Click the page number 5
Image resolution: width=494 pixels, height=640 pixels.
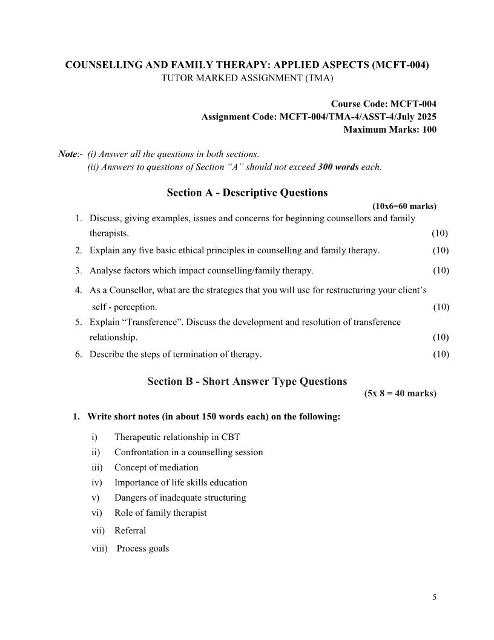[x=434, y=597]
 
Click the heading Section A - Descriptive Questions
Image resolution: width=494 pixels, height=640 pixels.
[x=247, y=193]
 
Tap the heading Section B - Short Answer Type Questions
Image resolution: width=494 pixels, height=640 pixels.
[x=247, y=381]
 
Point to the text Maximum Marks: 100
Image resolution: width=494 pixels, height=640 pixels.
[x=389, y=129]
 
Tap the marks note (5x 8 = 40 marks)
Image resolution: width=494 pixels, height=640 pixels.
[x=400, y=393]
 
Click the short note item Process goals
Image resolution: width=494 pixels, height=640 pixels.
[x=142, y=548]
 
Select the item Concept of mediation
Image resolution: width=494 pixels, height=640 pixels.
[x=156, y=467]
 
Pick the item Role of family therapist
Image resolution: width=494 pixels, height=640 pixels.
[x=160, y=513]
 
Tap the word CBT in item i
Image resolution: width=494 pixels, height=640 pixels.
[x=231, y=437]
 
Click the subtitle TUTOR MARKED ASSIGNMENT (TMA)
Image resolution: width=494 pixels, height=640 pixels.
[x=246, y=78]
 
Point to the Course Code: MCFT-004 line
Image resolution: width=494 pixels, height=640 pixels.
[x=383, y=104]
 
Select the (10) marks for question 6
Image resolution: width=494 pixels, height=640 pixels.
[x=440, y=354]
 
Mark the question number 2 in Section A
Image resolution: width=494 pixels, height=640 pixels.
[x=78, y=250]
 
